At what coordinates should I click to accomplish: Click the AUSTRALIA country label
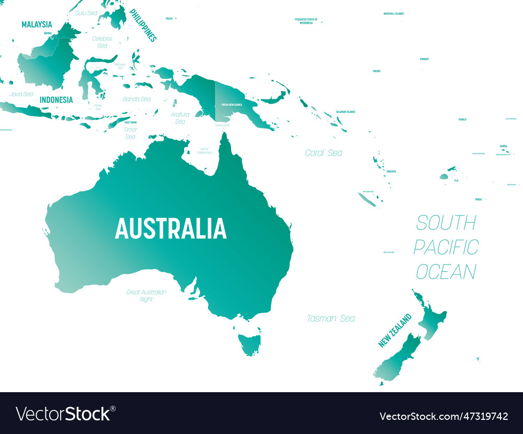coord(170,229)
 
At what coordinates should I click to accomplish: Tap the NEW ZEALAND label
coord(395,330)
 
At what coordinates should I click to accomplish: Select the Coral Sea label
coord(324,153)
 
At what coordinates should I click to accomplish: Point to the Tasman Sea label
coord(331,318)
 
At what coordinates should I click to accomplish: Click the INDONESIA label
coord(56,99)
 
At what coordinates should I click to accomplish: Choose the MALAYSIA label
coord(37,24)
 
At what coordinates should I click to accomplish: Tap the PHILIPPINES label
coord(143,25)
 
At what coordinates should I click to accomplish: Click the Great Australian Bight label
coord(146,295)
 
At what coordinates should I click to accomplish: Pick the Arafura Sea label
coord(180,118)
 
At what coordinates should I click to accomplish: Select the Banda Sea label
coord(137,99)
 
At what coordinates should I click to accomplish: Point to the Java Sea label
coord(21,94)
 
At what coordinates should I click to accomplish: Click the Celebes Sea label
coord(102,42)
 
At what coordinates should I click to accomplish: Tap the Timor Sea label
coord(130,133)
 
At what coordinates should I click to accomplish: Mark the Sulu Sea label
coord(86,13)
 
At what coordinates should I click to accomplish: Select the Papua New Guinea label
coord(232,105)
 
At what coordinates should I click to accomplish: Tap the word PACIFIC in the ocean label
coord(446,247)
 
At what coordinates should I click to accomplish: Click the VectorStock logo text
coord(63,414)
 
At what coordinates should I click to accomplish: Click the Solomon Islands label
coord(345,111)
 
